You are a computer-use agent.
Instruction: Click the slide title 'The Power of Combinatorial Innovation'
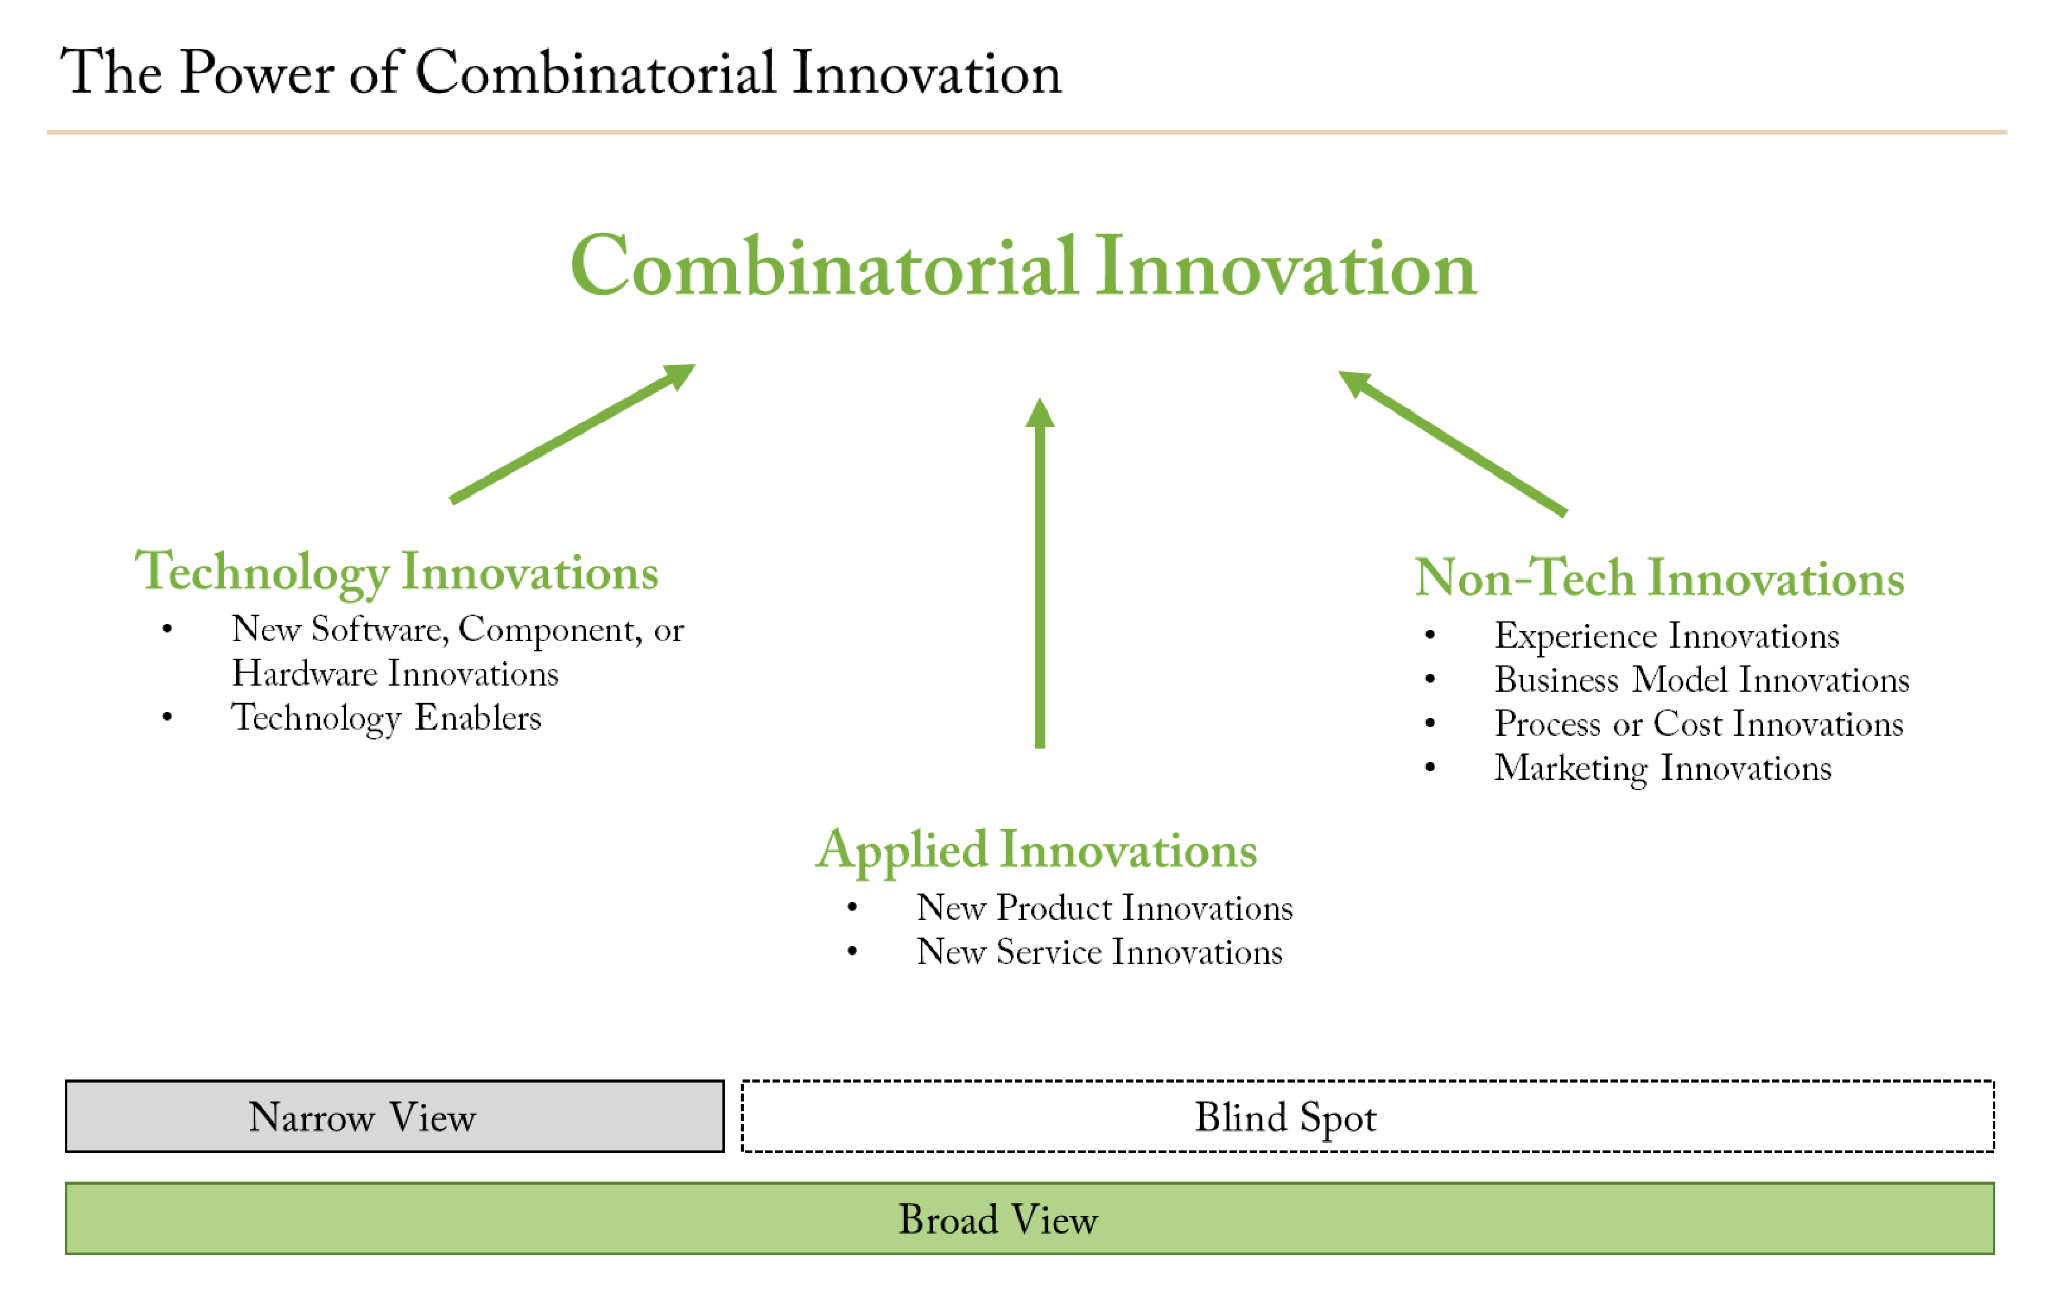561,72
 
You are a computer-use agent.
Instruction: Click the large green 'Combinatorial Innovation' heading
1023,267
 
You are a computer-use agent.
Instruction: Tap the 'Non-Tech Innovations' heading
1659,577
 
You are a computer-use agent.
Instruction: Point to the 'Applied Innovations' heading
1036,851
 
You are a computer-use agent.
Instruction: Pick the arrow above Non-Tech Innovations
1453,443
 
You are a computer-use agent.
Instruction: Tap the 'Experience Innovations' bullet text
1666,636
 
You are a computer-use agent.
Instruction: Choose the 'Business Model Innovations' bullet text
1702,680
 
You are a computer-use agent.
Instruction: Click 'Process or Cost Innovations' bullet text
1699,724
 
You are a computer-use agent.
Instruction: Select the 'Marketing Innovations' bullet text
1663,768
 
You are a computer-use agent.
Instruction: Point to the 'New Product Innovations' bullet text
1105,908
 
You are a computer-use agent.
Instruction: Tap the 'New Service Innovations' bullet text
1099,952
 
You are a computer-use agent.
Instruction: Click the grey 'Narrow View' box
395,1116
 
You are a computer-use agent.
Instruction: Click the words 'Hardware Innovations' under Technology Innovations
395,674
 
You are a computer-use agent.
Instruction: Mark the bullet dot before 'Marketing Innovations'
1429,768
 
